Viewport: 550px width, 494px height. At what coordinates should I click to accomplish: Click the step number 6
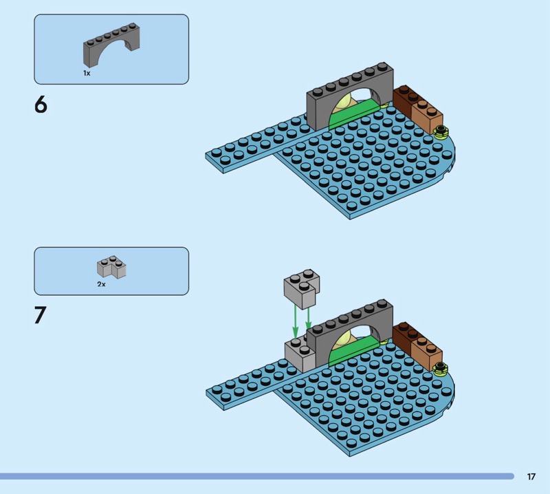tap(41, 105)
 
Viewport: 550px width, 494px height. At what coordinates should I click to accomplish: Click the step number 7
tap(41, 315)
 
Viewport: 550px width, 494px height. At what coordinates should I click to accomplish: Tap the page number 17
tap(531, 476)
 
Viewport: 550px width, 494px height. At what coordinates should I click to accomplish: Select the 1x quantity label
tap(87, 73)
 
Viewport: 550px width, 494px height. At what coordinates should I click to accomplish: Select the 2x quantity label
tap(101, 284)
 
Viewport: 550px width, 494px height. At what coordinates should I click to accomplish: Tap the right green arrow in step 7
tap(308, 318)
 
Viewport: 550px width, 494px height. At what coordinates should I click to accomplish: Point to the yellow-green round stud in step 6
tap(441, 131)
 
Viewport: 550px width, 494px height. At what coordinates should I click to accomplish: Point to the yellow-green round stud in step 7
tap(441, 368)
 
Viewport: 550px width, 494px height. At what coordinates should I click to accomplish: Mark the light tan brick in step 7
tap(427, 353)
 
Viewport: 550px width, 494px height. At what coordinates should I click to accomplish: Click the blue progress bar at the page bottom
tap(256, 476)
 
